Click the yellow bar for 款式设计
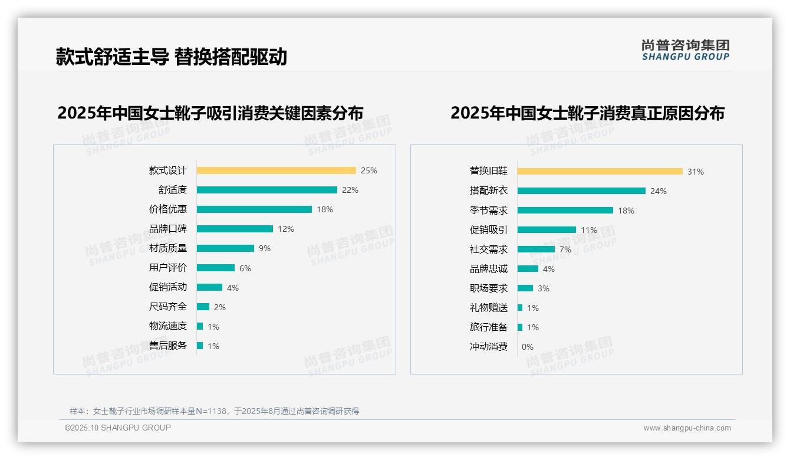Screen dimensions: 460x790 [x=276, y=170]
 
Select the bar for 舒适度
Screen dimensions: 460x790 [x=266, y=190]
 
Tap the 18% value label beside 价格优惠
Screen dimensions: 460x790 [x=325, y=209]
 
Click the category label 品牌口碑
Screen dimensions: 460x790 [x=167, y=229]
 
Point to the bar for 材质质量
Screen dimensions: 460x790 [x=225, y=248]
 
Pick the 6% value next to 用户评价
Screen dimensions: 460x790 [x=245, y=268]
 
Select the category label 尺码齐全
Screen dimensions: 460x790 [x=167, y=307]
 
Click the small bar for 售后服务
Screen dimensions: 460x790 [x=200, y=346]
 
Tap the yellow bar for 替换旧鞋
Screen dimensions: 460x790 [x=600, y=172]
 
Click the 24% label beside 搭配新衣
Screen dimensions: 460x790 [x=659, y=191]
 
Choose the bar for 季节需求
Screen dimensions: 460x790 [x=565, y=211]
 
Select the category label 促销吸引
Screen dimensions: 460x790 [x=488, y=230]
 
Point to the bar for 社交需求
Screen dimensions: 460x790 [x=536, y=249]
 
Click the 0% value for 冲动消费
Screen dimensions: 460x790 [x=528, y=347]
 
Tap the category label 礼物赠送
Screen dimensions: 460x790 [x=488, y=308]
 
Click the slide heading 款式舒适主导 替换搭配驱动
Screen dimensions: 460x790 [x=171, y=57]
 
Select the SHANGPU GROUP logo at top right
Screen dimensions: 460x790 [x=685, y=50]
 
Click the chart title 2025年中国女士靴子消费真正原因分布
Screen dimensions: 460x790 [x=587, y=113]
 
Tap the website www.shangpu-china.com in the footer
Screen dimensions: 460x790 [x=687, y=428]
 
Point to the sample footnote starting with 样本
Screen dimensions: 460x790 [x=214, y=411]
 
